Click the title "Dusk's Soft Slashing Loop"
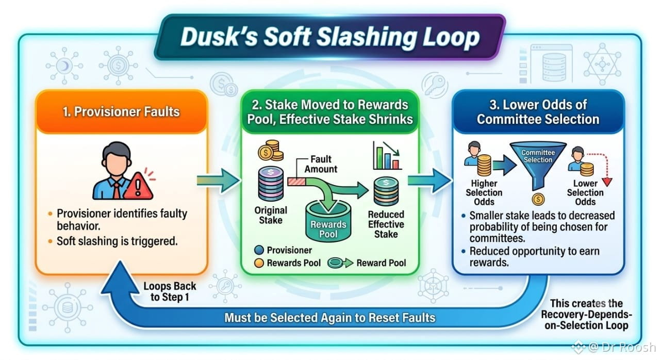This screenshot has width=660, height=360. tap(330, 37)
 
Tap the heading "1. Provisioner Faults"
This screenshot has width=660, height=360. tap(121, 111)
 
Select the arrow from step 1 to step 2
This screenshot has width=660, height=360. tap(218, 181)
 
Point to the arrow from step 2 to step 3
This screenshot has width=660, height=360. tap(430, 181)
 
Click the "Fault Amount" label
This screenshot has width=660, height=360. tap(321, 164)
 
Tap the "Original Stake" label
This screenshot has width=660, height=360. tap(271, 215)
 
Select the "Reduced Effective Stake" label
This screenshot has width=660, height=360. tap(386, 224)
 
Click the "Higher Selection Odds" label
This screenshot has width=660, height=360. tap(484, 192)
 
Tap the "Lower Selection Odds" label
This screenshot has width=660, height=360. tap(585, 192)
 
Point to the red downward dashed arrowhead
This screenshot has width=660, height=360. tap(607, 182)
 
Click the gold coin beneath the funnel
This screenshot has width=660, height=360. tap(538, 200)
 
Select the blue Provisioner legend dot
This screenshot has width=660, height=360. tap(259, 250)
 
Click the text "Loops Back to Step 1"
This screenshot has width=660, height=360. tap(170, 291)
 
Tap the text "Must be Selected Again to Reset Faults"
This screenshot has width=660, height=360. tap(329, 318)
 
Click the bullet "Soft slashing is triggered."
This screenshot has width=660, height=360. tap(117, 241)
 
